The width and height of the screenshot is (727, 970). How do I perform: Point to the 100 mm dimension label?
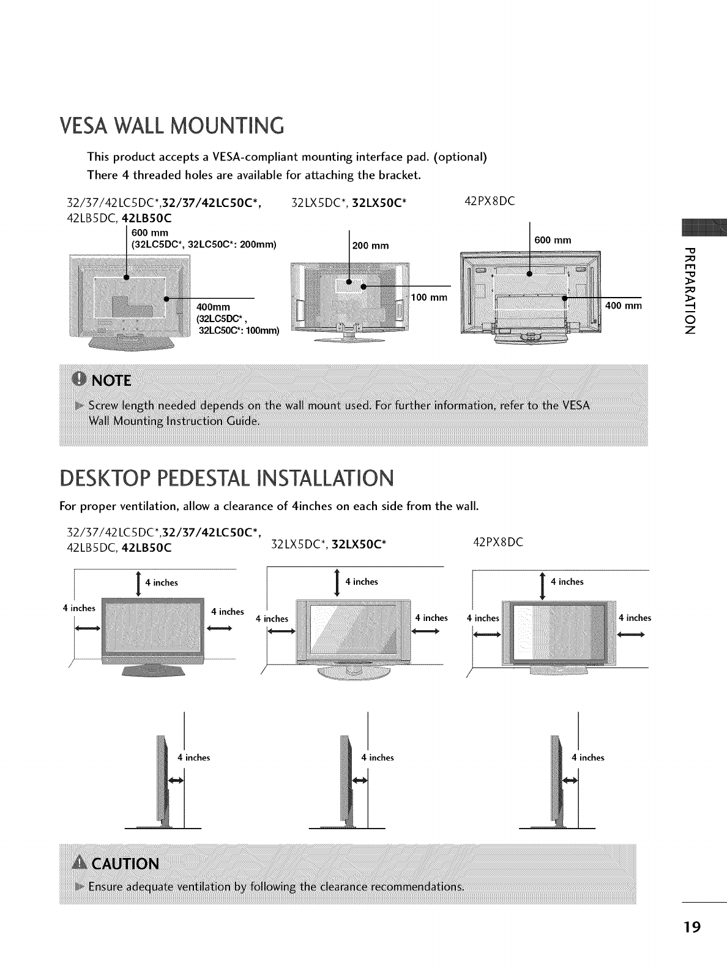[x=430, y=298]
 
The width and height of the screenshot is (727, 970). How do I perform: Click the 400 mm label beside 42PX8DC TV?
[x=623, y=306]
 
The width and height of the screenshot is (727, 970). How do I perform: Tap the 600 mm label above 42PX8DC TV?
[x=552, y=240]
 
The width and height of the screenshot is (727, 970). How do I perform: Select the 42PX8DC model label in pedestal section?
[x=499, y=542]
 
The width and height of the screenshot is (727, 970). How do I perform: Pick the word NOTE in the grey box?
[x=110, y=380]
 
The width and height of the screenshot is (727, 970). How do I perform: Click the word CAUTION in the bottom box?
[x=124, y=863]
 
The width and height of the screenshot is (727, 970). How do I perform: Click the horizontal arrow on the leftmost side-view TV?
[x=175, y=780]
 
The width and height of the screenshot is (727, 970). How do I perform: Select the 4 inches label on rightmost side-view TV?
[x=587, y=758]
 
